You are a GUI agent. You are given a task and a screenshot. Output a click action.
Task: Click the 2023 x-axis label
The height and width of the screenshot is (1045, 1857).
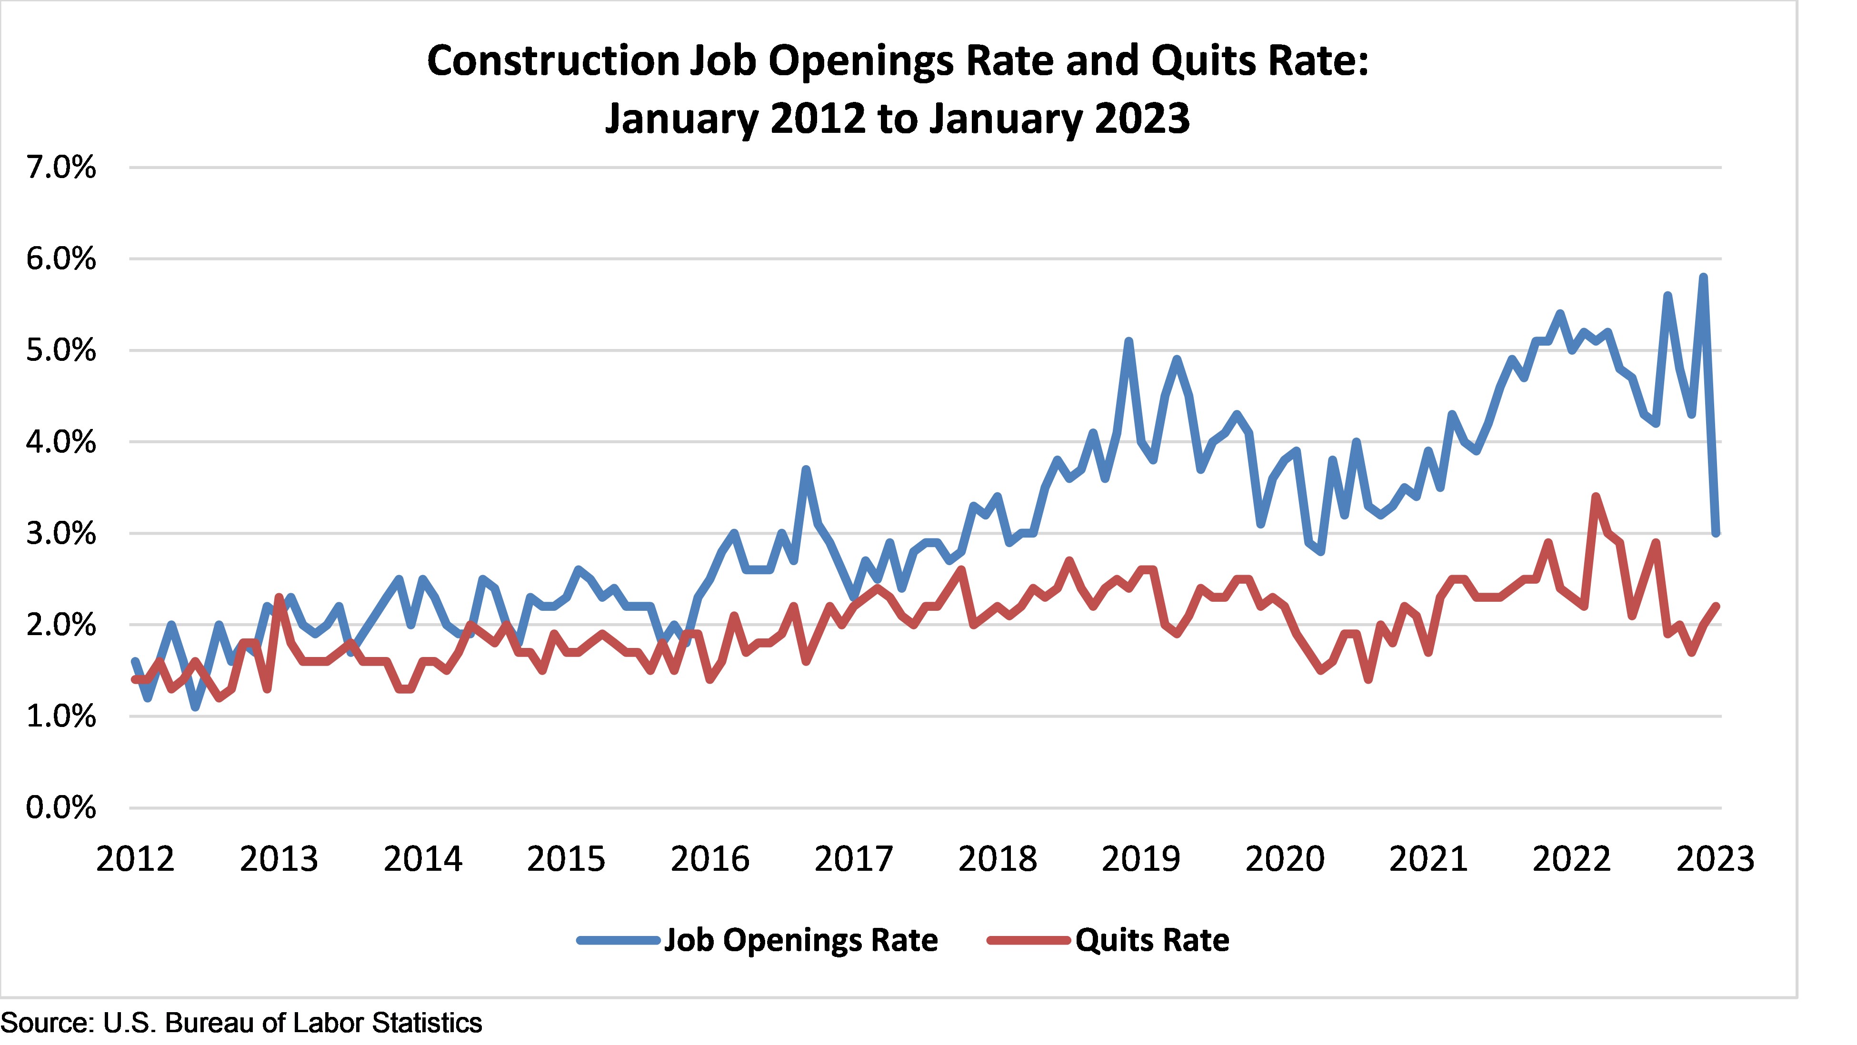[x=1715, y=859]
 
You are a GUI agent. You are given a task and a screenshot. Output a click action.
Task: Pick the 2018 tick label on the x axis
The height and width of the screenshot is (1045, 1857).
[x=997, y=859]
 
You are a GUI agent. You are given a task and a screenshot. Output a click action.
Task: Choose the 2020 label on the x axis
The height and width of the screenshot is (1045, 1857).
[x=1285, y=859]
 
